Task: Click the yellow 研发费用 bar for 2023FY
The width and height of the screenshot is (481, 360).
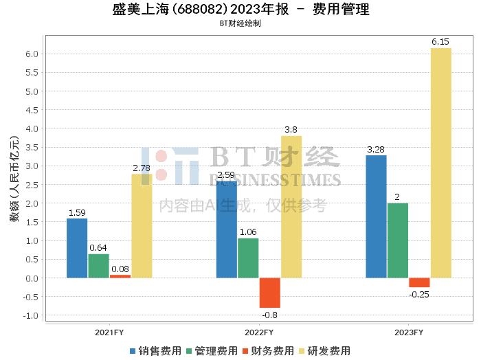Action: [x=441, y=163]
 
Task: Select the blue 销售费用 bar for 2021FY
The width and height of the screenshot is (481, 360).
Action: [x=77, y=249]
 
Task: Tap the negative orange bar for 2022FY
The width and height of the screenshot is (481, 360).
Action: [x=270, y=293]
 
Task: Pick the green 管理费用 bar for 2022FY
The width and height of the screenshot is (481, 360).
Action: [x=248, y=258]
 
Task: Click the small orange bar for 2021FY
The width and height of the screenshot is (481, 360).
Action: [x=120, y=277]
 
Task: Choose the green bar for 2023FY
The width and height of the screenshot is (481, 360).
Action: [x=398, y=240]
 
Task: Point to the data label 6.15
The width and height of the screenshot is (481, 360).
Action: [x=440, y=42]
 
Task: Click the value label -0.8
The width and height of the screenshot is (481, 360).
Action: [x=269, y=315]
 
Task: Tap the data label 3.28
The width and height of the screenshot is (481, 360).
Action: [x=376, y=150]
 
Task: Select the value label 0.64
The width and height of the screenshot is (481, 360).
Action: [x=98, y=248]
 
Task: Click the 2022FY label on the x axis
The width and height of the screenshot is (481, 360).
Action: [x=259, y=333]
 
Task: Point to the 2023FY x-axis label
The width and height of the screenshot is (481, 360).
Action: [x=409, y=333]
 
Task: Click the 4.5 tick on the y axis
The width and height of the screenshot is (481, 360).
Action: [x=32, y=110]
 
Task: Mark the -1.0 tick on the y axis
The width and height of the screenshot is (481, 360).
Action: [x=31, y=315]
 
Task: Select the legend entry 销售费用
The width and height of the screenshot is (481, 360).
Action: [x=156, y=351]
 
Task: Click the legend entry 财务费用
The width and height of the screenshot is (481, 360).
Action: [x=268, y=351]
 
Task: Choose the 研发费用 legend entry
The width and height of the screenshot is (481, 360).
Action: [x=325, y=351]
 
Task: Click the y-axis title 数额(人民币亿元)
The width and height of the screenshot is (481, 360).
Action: [x=14, y=179]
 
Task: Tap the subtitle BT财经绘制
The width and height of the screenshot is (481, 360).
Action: [x=240, y=23]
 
